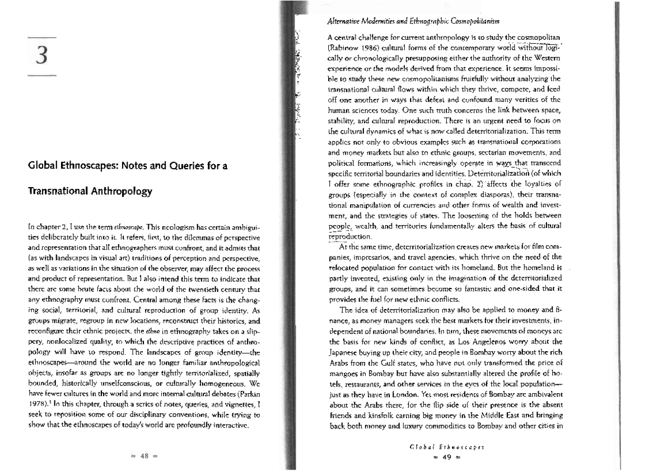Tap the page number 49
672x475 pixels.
pyautogui.click(x=446, y=456)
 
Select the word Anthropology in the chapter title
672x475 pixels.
pyautogui.click(x=119, y=192)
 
